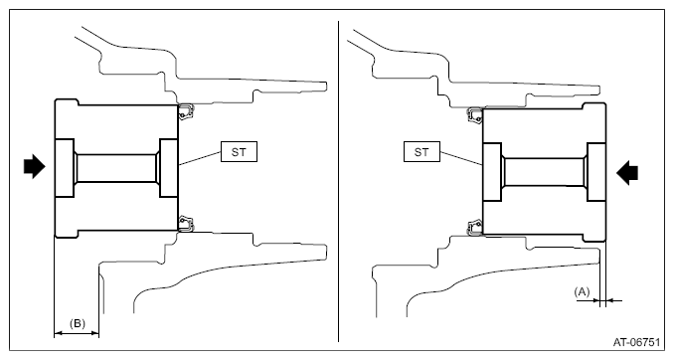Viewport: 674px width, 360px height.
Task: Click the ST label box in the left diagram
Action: [239, 152]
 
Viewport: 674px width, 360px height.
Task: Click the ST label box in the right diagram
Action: [421, 152]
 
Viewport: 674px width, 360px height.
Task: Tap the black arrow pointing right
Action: [34, 166]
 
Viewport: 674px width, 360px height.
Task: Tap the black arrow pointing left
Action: [627, 173]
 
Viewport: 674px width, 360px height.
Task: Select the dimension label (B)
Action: [78, 323]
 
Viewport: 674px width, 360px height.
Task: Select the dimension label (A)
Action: [582, 292]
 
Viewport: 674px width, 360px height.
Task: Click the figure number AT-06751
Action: [636, 342]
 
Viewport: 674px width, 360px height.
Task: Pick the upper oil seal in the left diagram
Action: [186, 111]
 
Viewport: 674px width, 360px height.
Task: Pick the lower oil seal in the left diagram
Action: [186, 224]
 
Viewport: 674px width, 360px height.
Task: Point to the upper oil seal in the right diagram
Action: [474, 115]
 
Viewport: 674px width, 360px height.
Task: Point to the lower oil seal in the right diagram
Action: [474, 228]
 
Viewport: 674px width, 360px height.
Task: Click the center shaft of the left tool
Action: [116, 168]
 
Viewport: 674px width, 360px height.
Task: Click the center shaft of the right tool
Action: [544, 172]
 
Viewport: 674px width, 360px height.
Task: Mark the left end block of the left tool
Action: [65, 168]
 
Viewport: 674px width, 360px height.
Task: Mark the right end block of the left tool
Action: [169, 168]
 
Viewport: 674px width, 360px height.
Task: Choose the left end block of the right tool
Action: [492, 172]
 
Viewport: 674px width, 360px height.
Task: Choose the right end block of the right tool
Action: [596, 172]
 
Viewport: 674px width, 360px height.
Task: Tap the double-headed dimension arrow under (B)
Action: [77, 333]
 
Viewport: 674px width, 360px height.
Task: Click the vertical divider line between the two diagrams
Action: [338, 181]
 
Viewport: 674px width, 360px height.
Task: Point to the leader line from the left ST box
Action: [200, 158]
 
